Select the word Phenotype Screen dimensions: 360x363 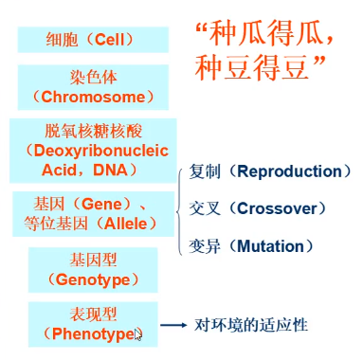point(92,333)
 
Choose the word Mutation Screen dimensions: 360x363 point(270,246)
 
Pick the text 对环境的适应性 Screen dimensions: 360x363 point(250,325)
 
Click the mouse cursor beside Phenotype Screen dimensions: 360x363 point(140,334)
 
